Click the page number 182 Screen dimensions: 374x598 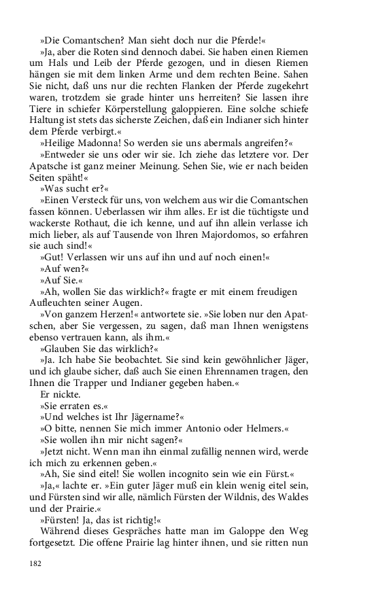(x=35, y=563)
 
